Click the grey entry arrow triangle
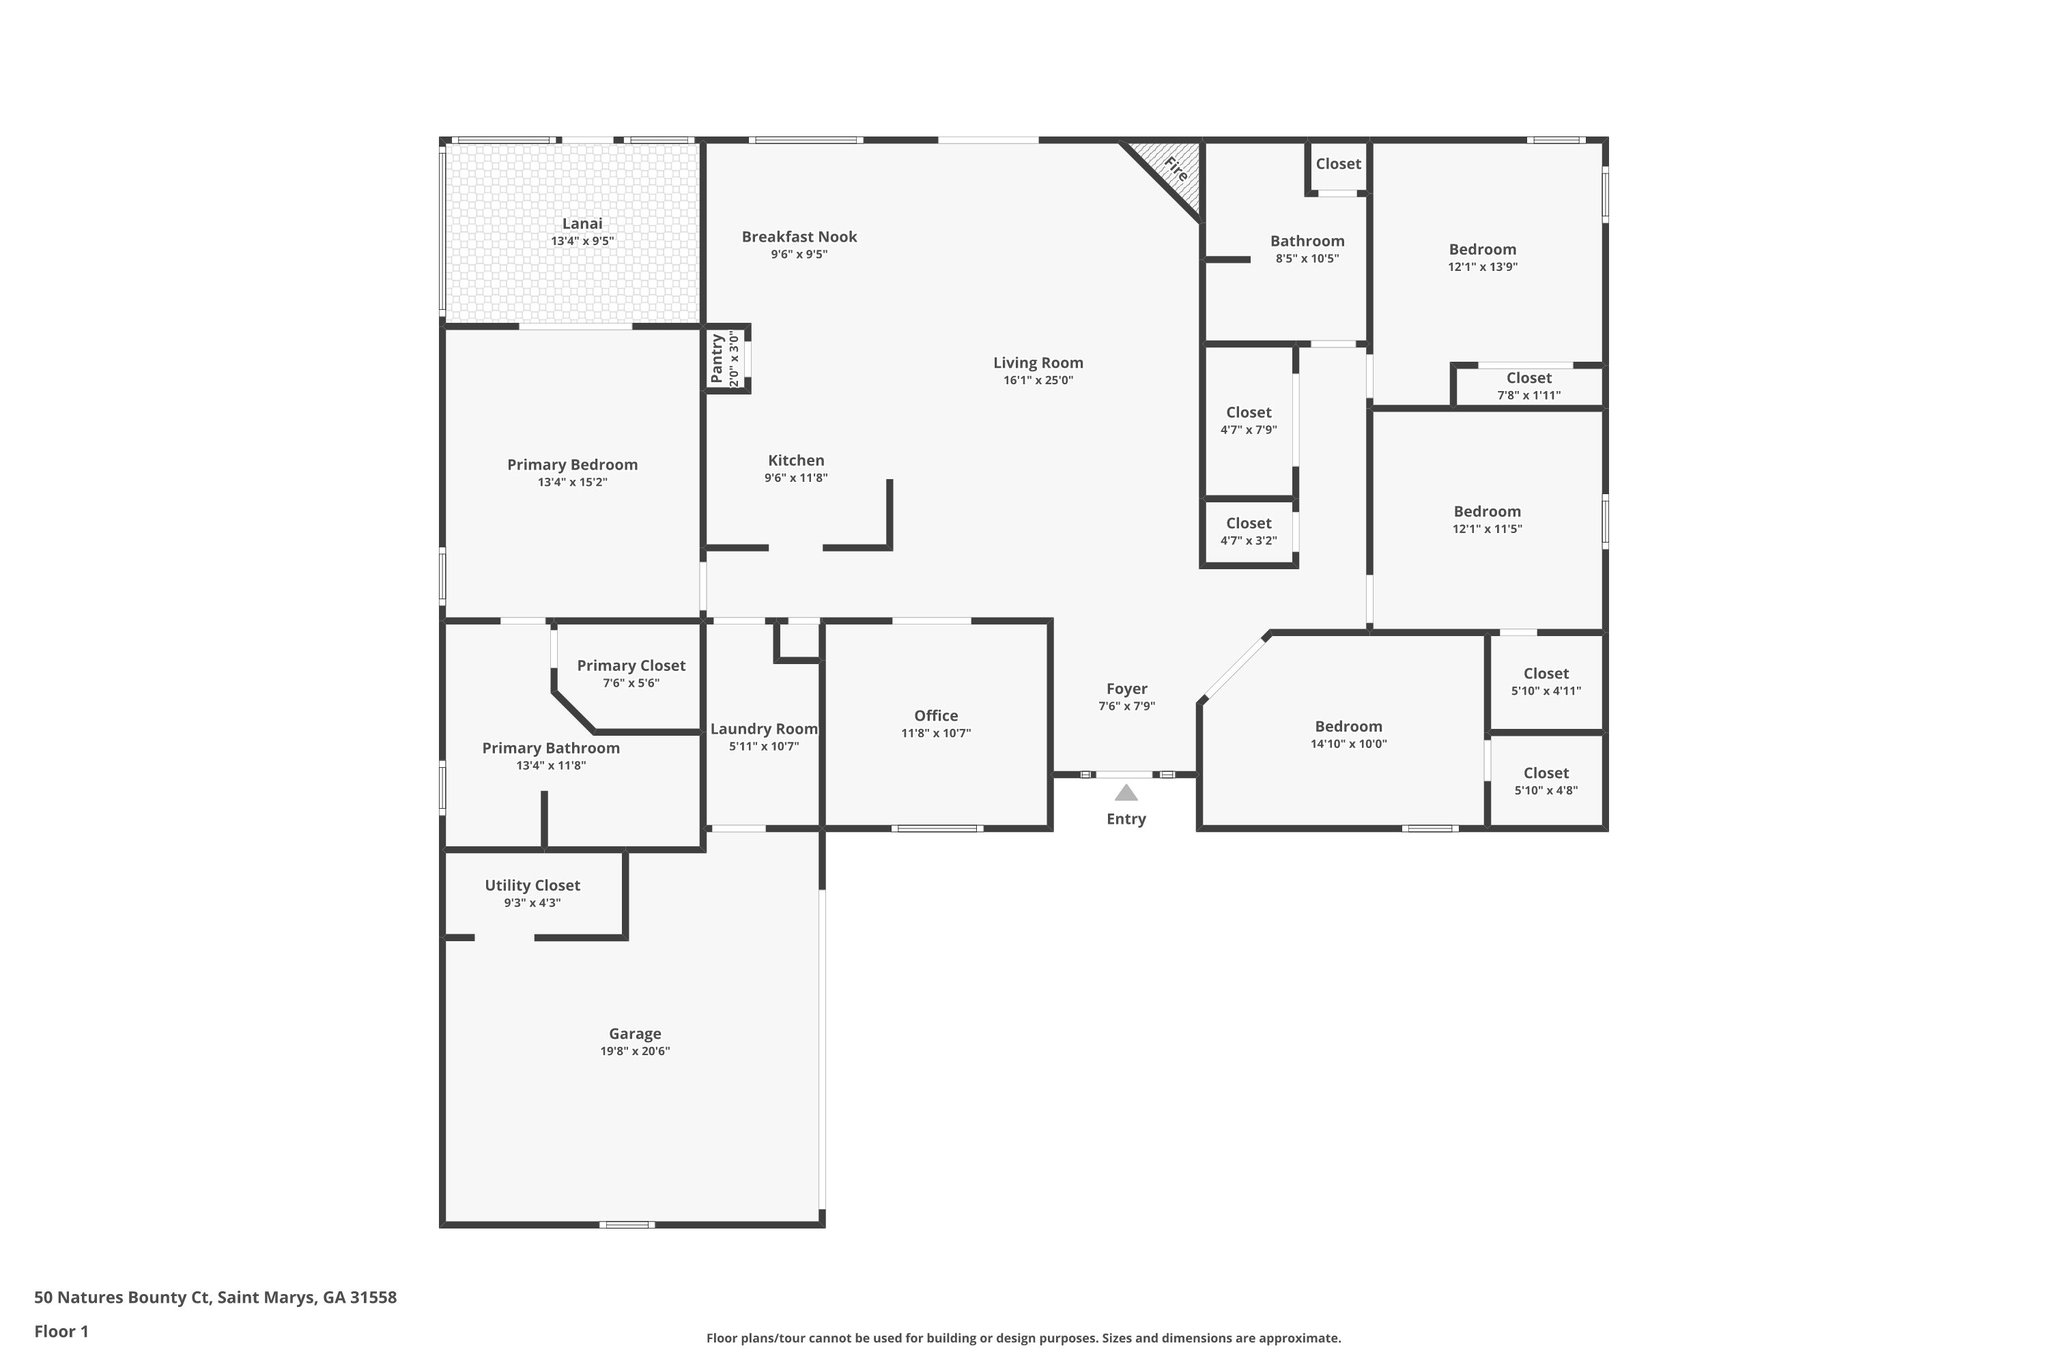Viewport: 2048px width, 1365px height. [1126, 793]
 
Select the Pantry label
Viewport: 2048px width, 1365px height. [717, 359]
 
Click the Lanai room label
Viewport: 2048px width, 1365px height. [582, 224]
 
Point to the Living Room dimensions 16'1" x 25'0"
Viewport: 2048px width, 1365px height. [1038, 381]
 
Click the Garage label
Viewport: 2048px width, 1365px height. [635, 1034]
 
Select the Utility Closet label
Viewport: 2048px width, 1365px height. [532, 886]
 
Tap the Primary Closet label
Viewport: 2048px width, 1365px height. [631, 666]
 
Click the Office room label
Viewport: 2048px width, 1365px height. [936, 716]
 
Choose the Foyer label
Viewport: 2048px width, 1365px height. [1126, 689]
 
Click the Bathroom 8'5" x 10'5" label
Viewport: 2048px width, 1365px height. [1307, 241]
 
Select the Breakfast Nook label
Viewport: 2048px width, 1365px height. [799, 237]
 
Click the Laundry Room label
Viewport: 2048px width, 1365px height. [764, 729]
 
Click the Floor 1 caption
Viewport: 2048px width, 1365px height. [62, 1332]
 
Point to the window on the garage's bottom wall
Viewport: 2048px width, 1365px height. [627, 1225]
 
